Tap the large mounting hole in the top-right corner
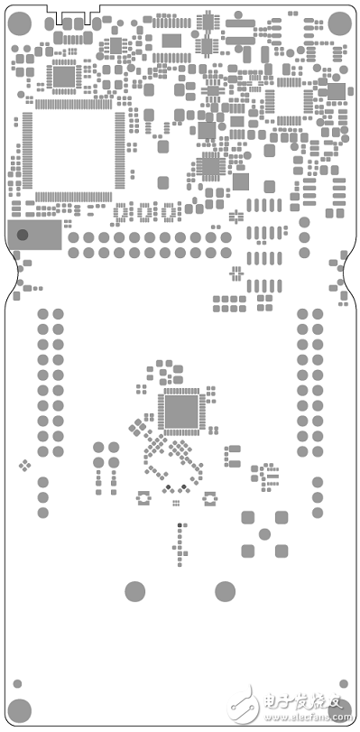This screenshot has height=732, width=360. [x=339, y=23]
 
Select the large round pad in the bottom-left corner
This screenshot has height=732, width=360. [x=21, y=710]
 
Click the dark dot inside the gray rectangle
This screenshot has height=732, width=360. [x=23, y=236]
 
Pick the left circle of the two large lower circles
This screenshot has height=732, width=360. [x=134, y=591]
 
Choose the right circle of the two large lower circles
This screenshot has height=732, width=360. [x=226, y=591]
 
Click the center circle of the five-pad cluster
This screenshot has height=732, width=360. [x=264, y=533]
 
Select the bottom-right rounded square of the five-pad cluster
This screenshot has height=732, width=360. [x=281, y=550]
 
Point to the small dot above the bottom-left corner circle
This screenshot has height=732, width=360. [x=17, y=682]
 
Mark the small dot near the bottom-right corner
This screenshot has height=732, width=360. [x=343, y=683]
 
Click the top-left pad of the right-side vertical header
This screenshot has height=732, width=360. [x=302, y=314]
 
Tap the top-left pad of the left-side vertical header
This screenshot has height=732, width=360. [x=42, y=314]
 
